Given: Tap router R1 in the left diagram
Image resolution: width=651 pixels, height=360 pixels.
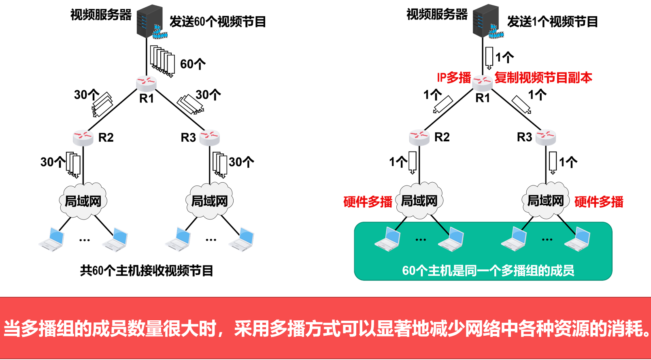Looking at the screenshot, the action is click(147, 83).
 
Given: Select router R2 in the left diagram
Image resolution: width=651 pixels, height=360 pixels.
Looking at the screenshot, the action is click(83, 137).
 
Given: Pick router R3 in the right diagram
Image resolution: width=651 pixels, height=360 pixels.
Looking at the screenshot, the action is click(546, 137).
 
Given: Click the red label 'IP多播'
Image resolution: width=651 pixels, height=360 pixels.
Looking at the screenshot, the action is click(454, 78).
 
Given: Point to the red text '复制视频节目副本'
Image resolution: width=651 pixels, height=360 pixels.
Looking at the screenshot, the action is click(543, 78).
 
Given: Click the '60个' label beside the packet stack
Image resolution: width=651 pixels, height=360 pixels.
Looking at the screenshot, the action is click(193, 64).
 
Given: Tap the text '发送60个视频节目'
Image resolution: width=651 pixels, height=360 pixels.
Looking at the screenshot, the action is click(218, 22).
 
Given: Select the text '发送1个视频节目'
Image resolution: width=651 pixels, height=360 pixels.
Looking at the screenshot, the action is click(552, 22).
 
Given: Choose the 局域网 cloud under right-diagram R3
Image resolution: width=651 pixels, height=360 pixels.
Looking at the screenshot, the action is click(545, 200).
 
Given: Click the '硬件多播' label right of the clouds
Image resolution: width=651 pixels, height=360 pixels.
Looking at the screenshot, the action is click(599, 202).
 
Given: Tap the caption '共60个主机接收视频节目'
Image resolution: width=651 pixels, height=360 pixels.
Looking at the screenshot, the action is click(147, 271).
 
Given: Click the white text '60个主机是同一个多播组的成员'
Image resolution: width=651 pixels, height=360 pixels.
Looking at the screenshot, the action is click(488, 271).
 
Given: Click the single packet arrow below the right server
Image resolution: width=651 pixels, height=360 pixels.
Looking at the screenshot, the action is click(489, 58).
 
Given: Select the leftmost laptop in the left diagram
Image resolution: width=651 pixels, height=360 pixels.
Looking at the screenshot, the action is click(52, 239).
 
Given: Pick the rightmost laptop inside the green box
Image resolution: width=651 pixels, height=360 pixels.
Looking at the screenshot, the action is click(577, 239).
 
